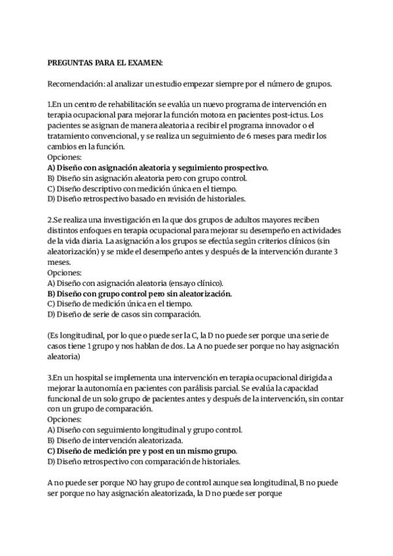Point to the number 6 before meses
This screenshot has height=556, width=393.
click(x=266, y=136)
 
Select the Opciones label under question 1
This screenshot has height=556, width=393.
click(x=64, y=157)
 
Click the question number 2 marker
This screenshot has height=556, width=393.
click(x=50, y=220)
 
